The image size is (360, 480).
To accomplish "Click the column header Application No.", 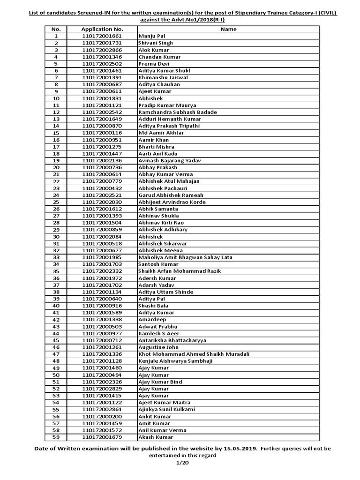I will (x=102, y=29).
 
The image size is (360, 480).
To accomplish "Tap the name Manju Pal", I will (x=151, y=36).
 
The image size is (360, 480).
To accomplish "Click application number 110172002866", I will (x=102, y=50).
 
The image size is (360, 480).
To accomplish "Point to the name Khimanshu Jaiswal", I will (x=163, y=77).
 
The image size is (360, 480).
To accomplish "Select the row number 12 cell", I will (x=56, y=112).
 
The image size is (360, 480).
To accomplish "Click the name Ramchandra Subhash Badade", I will (x=176, y=112).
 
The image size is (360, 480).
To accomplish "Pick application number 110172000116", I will (x=102, y=133).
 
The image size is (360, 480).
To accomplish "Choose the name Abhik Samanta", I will (x=158, y=209).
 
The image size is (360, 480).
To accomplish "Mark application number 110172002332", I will (x=102, y=271).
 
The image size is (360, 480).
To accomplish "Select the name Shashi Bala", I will (x=152, y=306).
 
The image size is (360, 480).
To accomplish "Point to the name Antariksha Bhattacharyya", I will (x=172, y=340).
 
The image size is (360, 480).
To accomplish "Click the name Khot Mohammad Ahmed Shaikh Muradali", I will (x=194, y=354).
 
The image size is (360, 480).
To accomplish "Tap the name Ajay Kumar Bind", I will (x=160, y=382).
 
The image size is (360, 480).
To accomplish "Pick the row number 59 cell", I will (x=56, y=437).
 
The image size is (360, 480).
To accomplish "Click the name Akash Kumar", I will (x=155, y=437).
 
